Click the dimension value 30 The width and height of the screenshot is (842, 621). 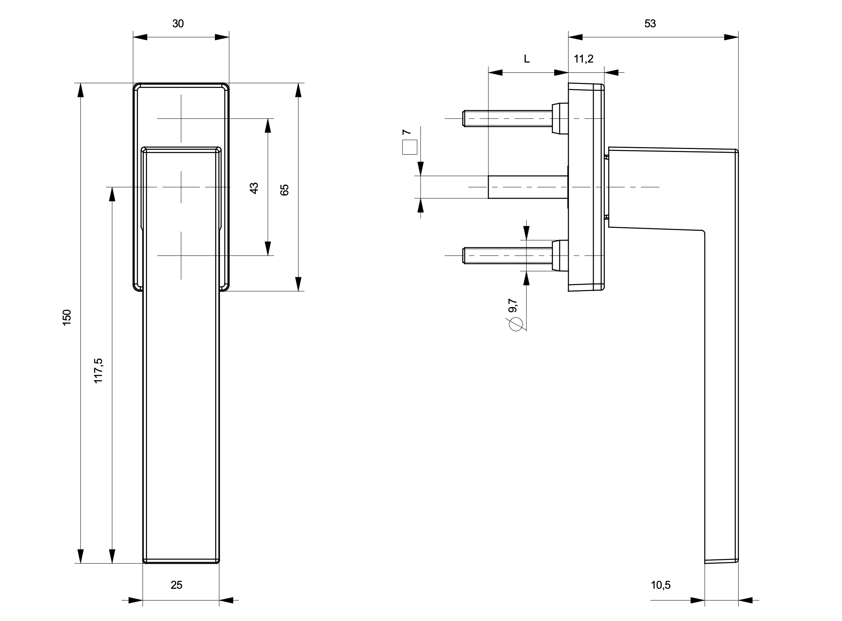178,24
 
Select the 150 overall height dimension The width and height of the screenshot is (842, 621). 67,317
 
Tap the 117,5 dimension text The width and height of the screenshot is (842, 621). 98,370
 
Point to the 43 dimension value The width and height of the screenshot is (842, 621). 254,188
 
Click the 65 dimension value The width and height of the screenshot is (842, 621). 285,190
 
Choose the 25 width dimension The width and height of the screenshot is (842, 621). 177,585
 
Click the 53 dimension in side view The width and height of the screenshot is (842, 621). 650,24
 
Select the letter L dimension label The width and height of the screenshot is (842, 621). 527,59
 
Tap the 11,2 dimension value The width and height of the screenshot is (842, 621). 584,59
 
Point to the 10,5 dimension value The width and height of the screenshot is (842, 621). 661,585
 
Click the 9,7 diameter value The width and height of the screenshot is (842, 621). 513,305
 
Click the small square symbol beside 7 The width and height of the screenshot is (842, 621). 410,147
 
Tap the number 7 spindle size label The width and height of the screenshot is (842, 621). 406,132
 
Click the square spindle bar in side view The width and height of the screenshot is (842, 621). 527,187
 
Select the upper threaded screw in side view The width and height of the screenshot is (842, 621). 508,118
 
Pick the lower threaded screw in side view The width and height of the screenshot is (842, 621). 508,255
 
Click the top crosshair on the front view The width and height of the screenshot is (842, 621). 181,118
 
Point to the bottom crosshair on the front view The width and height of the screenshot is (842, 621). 181,255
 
